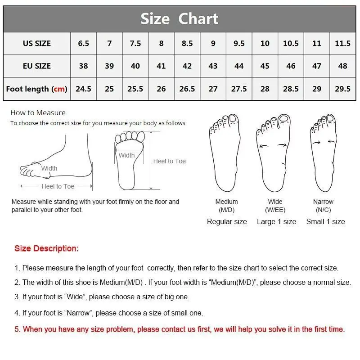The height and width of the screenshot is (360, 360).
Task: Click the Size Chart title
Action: (179, 19)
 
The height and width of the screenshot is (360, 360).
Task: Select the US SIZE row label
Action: (37, 44)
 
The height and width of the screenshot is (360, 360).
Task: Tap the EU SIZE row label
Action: (37, 66)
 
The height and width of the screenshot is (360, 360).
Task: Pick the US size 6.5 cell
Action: (83, 44)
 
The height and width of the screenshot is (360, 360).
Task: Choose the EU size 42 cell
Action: (187, 66)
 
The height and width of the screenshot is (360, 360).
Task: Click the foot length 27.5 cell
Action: (239, 89)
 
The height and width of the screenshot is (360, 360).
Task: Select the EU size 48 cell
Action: (342, 66)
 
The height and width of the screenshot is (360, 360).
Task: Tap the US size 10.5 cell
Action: (291, 44)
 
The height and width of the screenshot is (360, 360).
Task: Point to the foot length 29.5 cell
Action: (342, 89)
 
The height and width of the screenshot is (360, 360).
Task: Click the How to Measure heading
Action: (38, 113)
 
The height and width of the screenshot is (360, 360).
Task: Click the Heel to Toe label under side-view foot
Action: (58, 186)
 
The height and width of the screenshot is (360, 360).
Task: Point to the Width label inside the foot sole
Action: (126, 155)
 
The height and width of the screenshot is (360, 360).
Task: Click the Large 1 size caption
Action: (276, 221)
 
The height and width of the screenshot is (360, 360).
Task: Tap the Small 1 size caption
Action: (325, 221)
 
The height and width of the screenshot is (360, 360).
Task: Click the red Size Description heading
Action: (46, 248)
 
